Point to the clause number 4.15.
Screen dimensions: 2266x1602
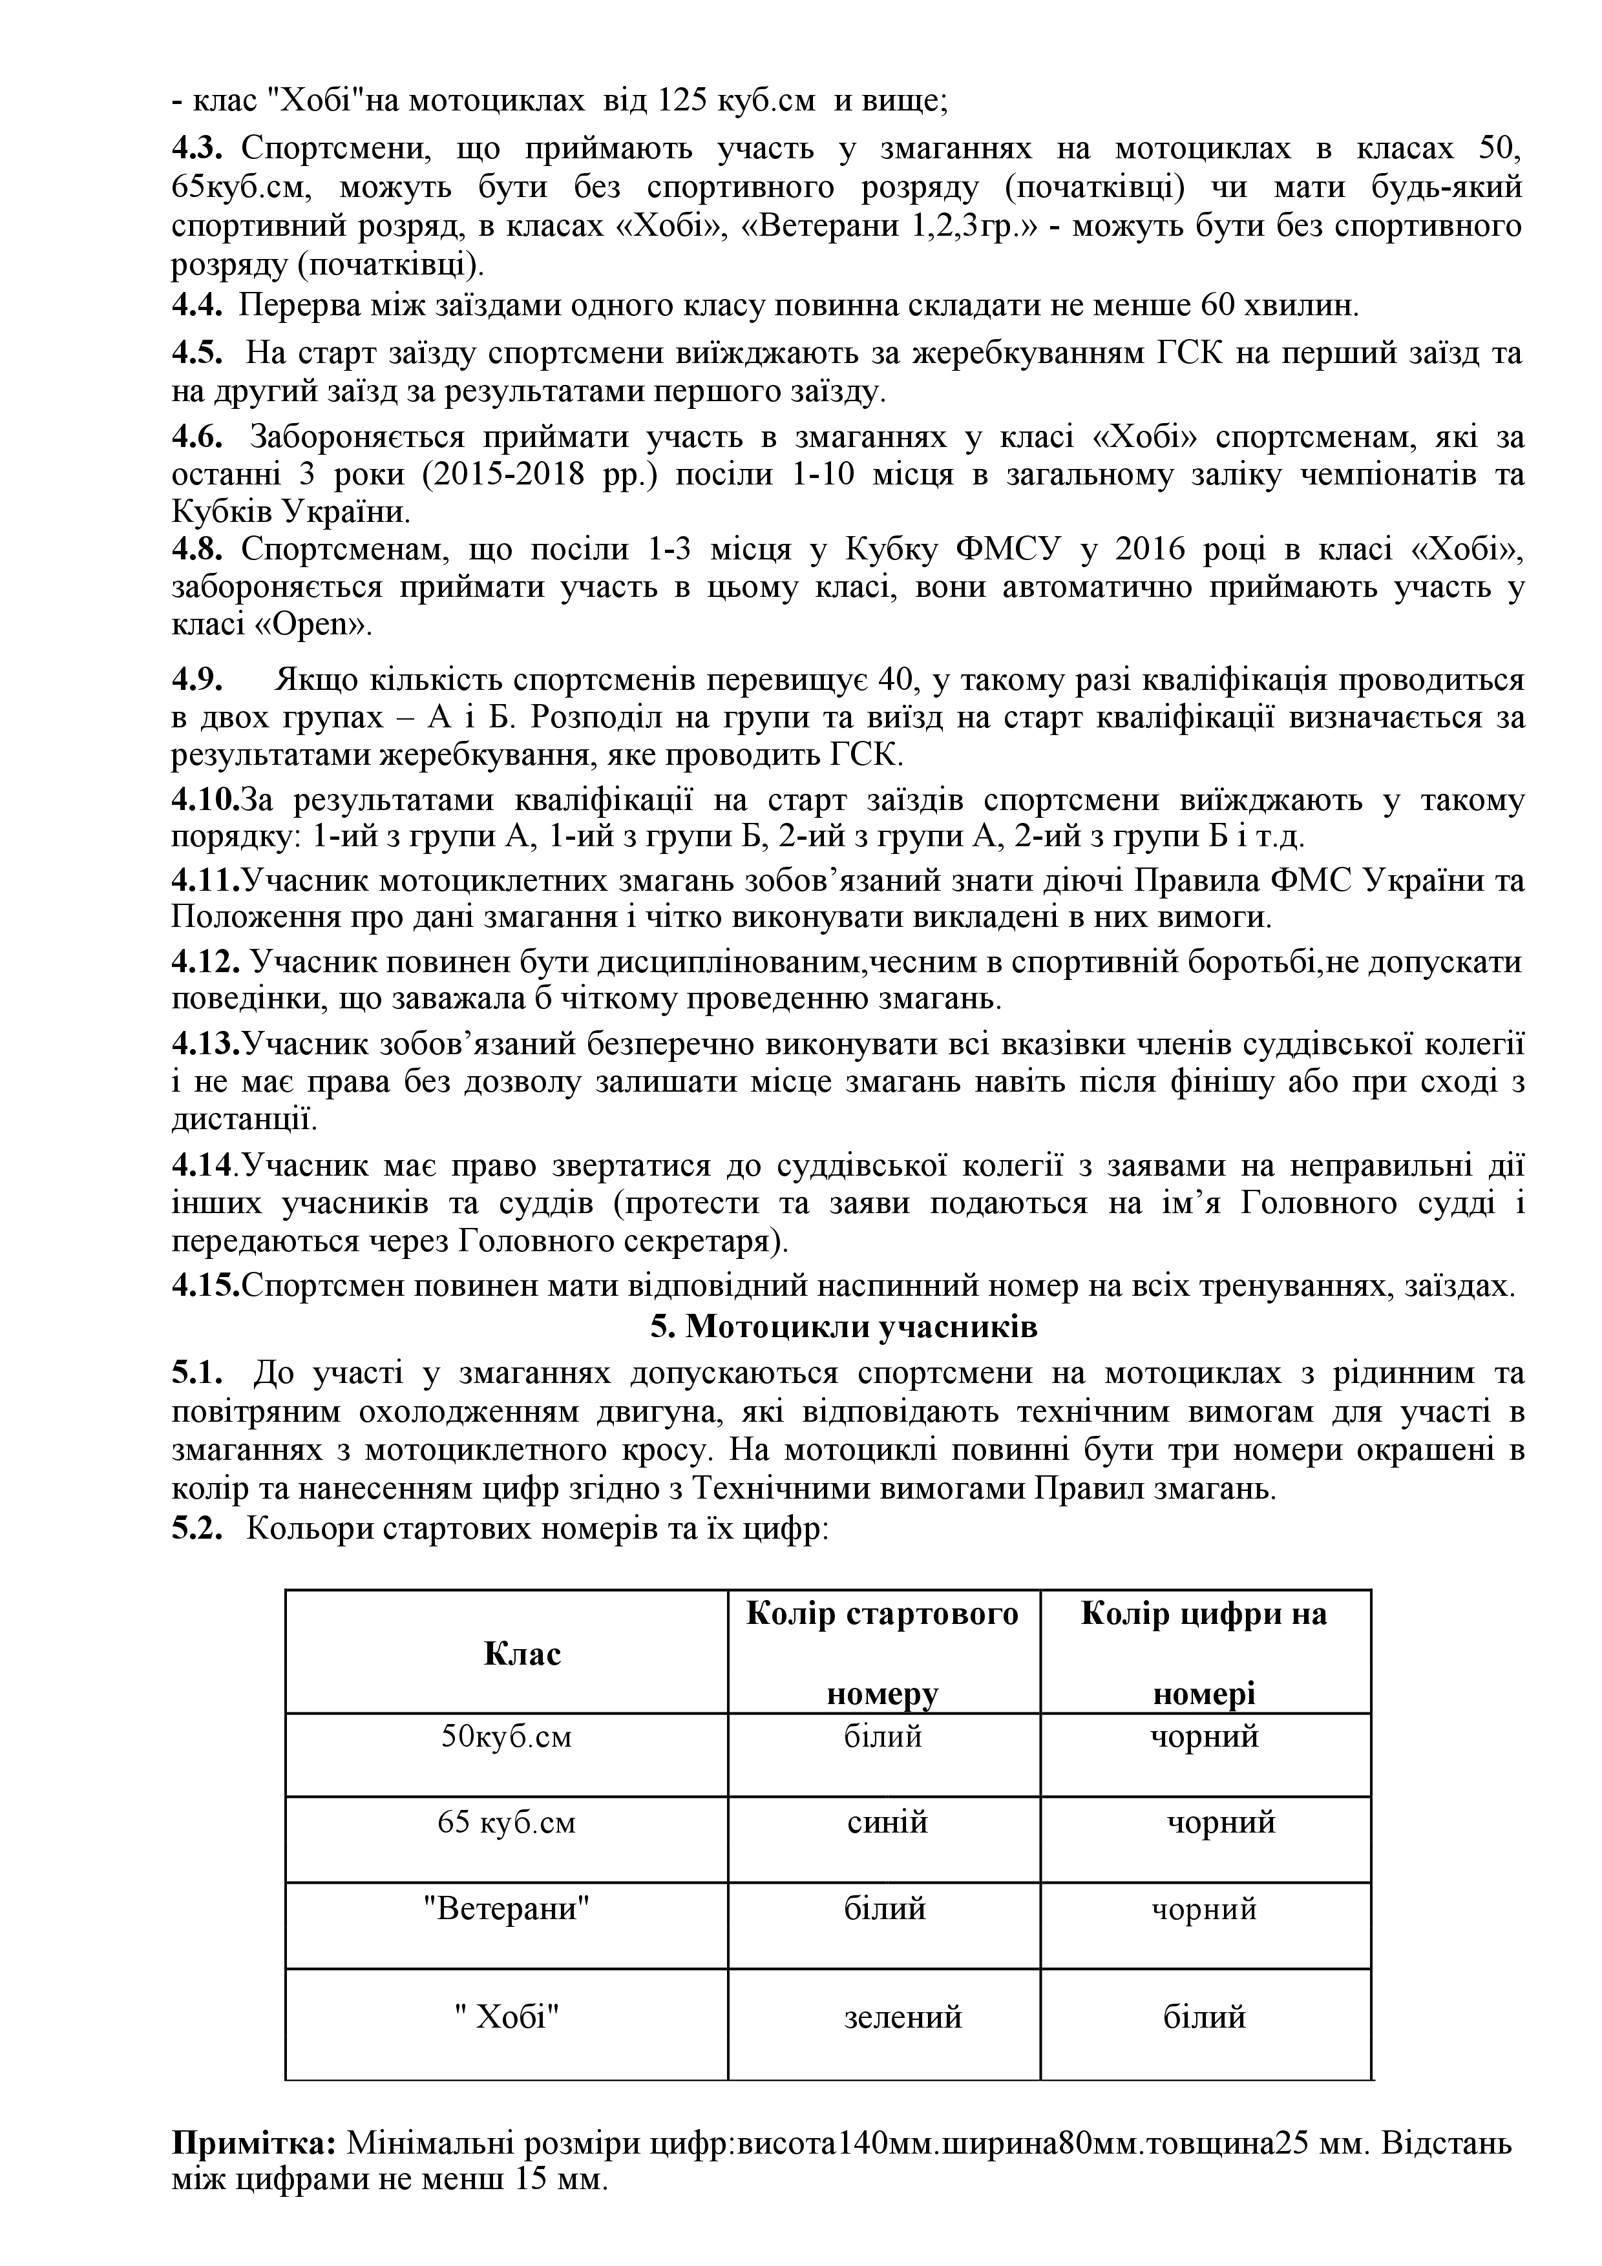206,1287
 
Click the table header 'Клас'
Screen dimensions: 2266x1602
522,1653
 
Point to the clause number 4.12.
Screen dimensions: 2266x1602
206,961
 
